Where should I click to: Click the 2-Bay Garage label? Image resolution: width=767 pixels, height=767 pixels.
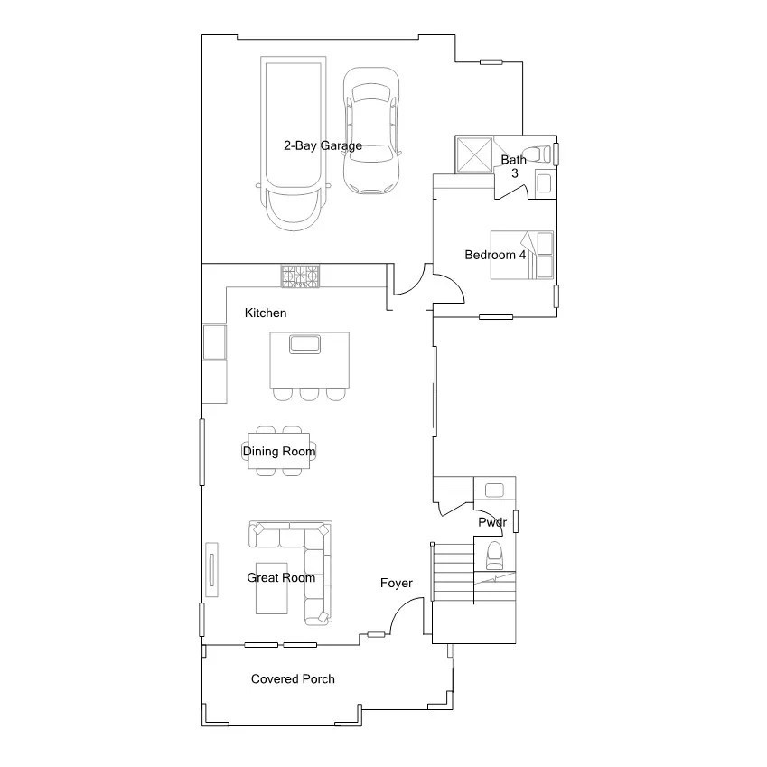coord(323,145)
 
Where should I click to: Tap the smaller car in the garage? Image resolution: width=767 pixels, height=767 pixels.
coord(370,130)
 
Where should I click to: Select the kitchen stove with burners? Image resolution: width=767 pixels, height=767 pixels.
coord(300,276)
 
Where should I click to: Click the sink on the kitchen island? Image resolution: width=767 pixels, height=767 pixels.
coord(304,343)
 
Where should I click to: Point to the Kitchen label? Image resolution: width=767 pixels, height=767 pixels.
coord(266,313)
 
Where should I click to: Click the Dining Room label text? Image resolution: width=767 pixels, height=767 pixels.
coord(279,451)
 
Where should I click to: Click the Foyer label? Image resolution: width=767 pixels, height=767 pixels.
coord(396,583)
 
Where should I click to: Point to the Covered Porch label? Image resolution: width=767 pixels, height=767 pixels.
coord(293,678)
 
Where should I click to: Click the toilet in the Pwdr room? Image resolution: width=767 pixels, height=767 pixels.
coord(494,554)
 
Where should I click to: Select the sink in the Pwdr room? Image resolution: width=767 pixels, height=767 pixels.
coord(494,491)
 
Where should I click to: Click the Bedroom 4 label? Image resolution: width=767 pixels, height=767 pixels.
coord(495,255)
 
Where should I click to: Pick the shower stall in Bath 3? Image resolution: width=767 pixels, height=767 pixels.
coord(473,155)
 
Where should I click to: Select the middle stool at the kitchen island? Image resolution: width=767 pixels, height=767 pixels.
coord(310,394)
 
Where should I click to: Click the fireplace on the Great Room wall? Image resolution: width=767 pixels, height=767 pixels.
coord(212,569)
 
